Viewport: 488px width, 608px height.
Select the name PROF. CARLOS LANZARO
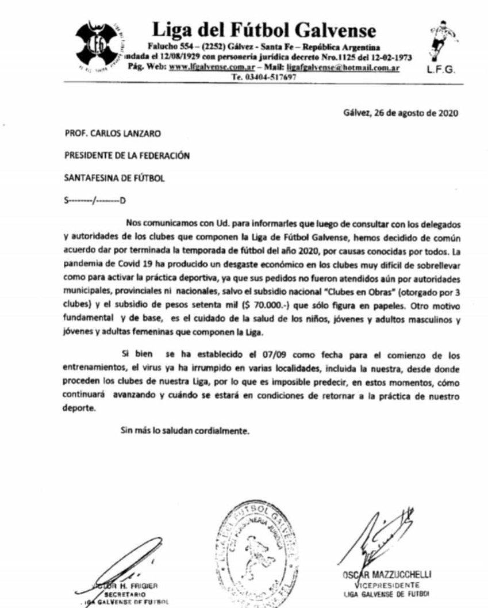pyautogui.click(x=113, y=134)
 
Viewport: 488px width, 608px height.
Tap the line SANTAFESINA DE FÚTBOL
pyautogui.click(x=114, y=178)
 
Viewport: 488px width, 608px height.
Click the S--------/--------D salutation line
pyautogui.click(x=95, y=200)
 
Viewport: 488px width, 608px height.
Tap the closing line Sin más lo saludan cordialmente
pyautogui.click(x=185, y=430)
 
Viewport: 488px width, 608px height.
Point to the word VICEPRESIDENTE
pyautogui.click(x=385, y=585)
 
